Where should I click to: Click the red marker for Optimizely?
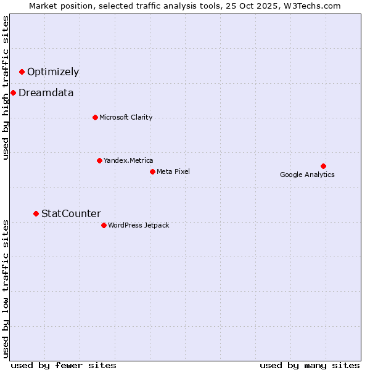pos(22,72)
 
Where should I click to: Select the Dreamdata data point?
pos(13,93)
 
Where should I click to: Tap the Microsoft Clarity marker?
pos(95,117)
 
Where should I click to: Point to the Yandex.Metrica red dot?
pos(99,161)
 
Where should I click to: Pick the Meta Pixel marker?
pos(152,171)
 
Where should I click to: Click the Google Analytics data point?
pos(323,166)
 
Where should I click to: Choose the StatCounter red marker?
pos(36,214)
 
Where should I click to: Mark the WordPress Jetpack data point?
pos(104,225)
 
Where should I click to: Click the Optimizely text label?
pos(53,72)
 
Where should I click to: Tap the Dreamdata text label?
pos(46,93)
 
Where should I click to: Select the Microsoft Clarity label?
pos(126,117)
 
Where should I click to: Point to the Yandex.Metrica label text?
pos(128,161)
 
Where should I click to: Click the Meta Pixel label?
pos(173,171)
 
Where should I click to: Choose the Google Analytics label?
pos(307,175)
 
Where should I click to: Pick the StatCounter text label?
pos(71,214)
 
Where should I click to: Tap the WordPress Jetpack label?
pos(138,225)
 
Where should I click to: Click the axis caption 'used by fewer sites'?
pos(64,365)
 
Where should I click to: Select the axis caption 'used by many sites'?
pos(310,365)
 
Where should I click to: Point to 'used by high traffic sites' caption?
pos(6,88)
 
